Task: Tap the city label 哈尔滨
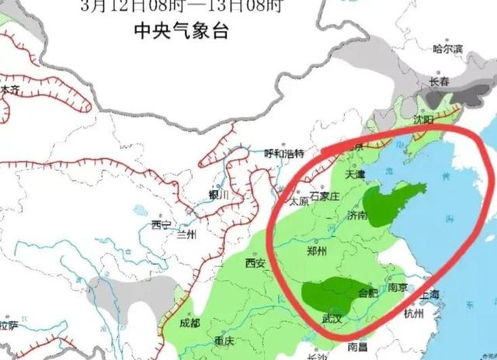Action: [x=447, y=49]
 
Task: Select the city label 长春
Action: [x=439, y=81]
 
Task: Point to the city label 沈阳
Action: [x=423, y=120]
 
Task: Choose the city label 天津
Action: [x=354, y=175]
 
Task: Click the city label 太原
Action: [x=298, y=202]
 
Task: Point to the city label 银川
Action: [x=219, y=195]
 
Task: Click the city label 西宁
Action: [x=161, y=225]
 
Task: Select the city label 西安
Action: [x=255, y=263]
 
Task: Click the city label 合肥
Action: [x=370, y=292]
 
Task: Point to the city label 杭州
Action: [x=413, y=313]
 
